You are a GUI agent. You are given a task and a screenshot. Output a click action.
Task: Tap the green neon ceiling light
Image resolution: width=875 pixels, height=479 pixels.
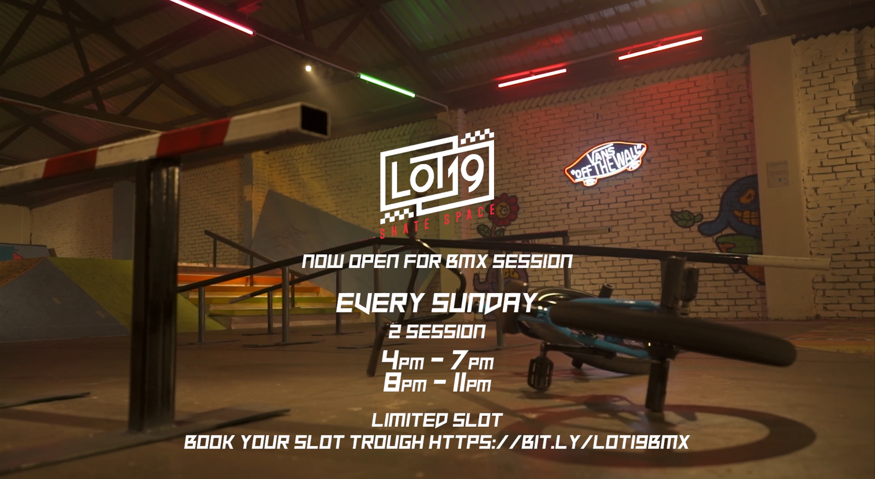tap(387, 85)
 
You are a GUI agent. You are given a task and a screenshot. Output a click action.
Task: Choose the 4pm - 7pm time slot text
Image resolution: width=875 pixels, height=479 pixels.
tap(437, 361)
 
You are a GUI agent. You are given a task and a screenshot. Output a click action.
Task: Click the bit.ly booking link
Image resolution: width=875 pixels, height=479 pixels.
tap(559, 443)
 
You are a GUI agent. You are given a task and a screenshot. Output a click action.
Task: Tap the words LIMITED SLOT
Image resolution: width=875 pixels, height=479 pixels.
tap(436, 421)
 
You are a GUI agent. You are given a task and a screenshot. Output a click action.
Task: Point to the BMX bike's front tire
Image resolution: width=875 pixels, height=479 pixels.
tap(672, 334)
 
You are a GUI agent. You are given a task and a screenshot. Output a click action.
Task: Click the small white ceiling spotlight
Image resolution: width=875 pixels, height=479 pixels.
tap(308, 68)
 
